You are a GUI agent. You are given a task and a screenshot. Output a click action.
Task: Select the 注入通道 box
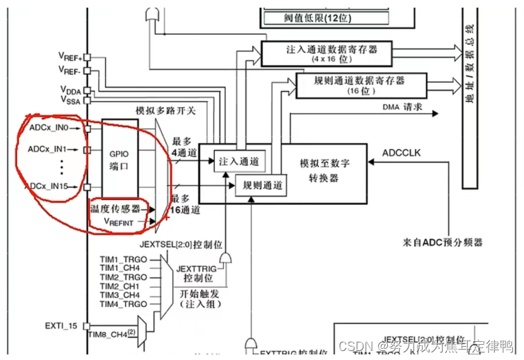(238, 161)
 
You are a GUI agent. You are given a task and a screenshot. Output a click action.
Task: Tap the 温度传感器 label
(115, 208)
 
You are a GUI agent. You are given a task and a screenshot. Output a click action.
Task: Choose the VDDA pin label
(70, 90)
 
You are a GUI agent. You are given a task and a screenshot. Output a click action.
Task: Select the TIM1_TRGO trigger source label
(123, 259)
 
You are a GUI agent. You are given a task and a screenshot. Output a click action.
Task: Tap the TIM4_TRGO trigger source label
(123, 304)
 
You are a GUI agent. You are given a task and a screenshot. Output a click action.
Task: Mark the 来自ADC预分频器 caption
(442, 243)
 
